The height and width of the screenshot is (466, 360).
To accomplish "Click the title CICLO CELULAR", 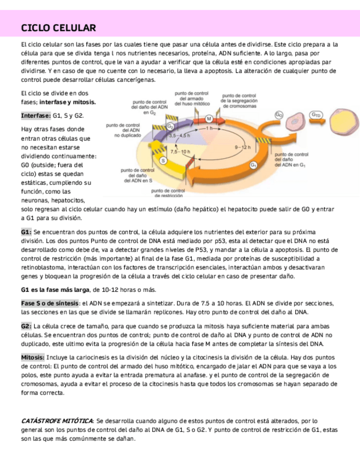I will (58, 28).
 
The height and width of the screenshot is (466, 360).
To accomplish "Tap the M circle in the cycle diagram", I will (209, 119).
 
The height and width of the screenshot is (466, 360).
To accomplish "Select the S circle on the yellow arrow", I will (163, 160).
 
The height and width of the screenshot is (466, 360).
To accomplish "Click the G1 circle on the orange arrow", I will (253, 164).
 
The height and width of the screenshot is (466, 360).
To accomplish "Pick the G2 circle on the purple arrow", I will (170, 126).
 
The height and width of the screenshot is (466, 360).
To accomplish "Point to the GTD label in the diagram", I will (316, 115).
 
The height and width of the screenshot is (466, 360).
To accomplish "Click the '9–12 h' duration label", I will (242, 147).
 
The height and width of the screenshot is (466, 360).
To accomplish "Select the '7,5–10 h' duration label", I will (180, 151).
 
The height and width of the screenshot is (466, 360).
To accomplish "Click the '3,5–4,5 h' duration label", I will (179, 135).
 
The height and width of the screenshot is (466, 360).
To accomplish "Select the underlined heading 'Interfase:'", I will (36, 116).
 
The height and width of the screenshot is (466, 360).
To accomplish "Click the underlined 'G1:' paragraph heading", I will (26, 232).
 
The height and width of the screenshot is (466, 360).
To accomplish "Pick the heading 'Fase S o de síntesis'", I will (50, 303).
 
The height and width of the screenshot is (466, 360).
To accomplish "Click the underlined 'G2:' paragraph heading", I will (26, 326).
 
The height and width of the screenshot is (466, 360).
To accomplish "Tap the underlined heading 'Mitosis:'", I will (33, 357).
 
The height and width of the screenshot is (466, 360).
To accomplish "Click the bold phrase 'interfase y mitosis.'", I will (67, 102).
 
